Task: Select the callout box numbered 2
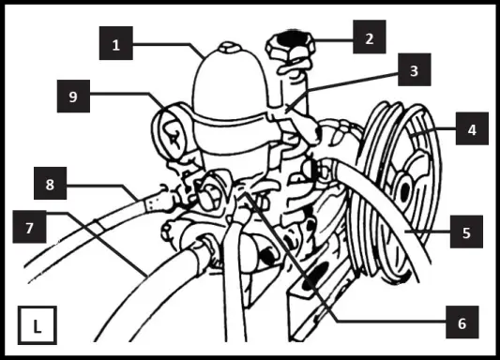(370, 39)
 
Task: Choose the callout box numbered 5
(466, 231)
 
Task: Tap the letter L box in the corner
(37, 327)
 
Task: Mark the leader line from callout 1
(169, 43)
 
